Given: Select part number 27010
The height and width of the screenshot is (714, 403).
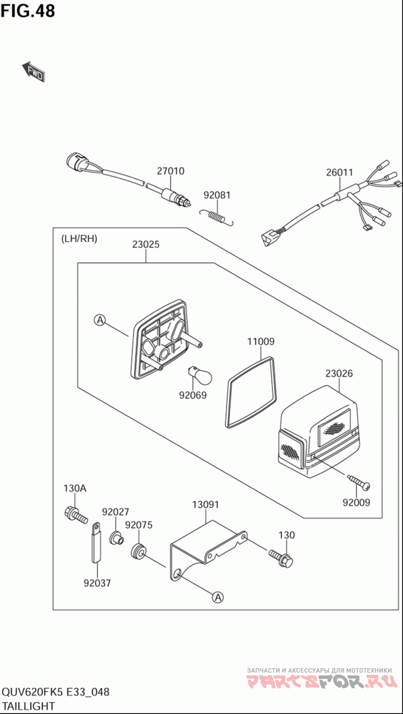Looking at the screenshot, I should [x=170, y=171].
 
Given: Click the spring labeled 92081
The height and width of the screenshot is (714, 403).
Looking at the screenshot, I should [x=217, y=216].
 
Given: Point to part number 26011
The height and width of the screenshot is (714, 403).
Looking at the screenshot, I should [x=339, y=172].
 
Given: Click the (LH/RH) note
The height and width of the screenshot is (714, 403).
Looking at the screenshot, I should [x=79, y=239].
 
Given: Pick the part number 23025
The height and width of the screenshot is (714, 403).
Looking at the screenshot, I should [x=146, y=245].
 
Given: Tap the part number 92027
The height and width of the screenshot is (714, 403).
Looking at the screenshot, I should [x=116, y=512].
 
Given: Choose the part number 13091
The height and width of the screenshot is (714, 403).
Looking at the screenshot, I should [x=206, y=505].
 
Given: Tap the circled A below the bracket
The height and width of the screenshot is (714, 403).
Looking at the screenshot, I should [x=217, y=597].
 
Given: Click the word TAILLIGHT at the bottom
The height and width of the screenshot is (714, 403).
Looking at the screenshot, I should [x=29, y=706].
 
